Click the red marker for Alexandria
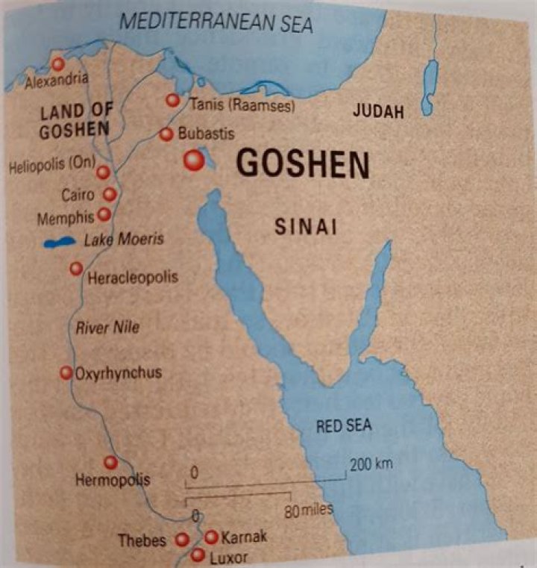click(x=57, y=64)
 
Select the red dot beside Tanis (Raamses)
click(x=173, y=100)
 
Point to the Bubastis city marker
click(x=166, y=134)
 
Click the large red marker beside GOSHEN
click(x=195, y=160)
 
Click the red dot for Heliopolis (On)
click(x=104, y=172)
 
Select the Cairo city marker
click(x=110, y=195)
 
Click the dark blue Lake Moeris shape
click(x=60, y=243)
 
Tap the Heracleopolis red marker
click(x=76, y=269)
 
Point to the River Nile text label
click(x=108, y=326)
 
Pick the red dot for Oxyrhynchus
click(x=66, y=372)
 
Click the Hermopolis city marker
click(x=111, y=463)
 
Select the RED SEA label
click(x=343, y=426)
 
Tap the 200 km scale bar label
click(x=371, y=464)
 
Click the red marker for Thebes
click(x=182, y=540)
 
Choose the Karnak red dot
click(x=211, y=537)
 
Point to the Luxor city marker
click(x=198, y=555)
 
